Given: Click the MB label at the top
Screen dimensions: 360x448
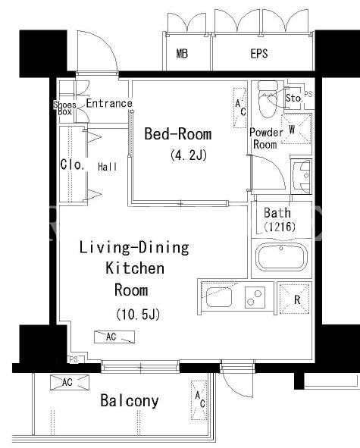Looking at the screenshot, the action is point(183,54).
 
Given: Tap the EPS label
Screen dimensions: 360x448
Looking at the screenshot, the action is point(259,54).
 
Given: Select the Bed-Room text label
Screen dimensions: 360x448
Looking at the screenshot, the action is point(178,133).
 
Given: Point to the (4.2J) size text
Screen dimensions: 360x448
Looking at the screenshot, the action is point(189,155).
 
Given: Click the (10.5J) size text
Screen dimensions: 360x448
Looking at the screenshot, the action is point(138,315).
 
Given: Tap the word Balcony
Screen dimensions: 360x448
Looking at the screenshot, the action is point(130,400).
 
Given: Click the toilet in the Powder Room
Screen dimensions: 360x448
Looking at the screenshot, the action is point(268,99).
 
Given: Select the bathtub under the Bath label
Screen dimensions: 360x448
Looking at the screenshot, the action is point(281,257).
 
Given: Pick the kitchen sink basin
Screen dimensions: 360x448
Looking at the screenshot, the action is point(219,297).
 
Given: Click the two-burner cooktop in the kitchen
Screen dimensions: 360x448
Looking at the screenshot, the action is point(255,297).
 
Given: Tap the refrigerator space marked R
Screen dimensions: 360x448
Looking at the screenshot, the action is point(294,299).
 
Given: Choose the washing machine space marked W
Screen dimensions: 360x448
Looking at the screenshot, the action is point(296,129).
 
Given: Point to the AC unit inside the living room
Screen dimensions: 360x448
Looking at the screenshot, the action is point(114,337).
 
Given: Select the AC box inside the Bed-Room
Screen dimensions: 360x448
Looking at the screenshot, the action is point(240,108).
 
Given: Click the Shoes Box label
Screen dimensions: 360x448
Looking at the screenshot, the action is point(65,108).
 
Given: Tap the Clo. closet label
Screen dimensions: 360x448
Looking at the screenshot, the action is point(73,164).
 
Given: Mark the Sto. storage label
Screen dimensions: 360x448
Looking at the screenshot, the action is point(294,98).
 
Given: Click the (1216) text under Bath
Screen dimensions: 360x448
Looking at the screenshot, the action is point(280,227).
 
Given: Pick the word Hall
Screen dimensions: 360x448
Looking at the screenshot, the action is point(108,167).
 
